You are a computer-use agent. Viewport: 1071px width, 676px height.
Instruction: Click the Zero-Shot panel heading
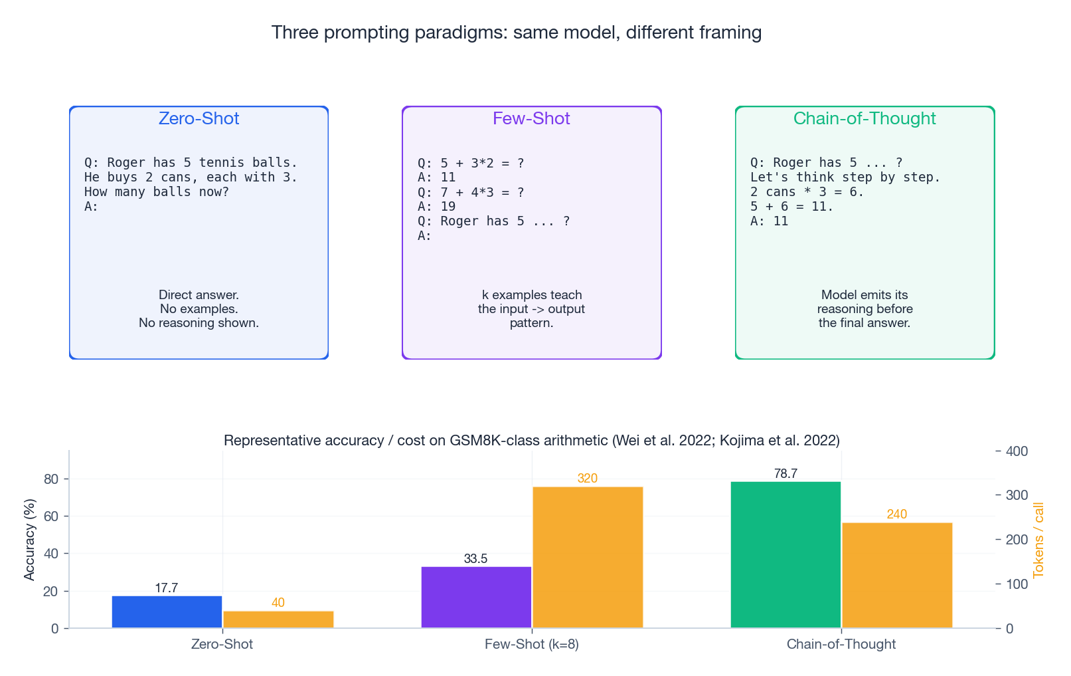(x=199, y=118)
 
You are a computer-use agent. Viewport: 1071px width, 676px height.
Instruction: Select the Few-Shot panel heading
(x=531, y=118)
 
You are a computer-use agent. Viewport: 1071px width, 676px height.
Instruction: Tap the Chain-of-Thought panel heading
(x=865, y=118)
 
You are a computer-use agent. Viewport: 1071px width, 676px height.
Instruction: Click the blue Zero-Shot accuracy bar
(x=167, y=612)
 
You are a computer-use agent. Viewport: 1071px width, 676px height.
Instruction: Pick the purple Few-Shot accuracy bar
(x=476, y=597)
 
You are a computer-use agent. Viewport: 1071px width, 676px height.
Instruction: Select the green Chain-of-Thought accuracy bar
(x=785, y=554)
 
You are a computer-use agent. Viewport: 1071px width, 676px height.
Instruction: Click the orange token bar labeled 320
(x=588, y=557)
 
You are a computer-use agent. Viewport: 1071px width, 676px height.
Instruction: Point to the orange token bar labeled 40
(x=278, y=619)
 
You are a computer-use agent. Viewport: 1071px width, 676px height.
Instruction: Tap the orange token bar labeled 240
(x=897, y=575)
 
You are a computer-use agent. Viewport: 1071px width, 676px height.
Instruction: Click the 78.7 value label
(x=785, y=473)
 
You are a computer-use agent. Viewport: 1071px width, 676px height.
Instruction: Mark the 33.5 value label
(x=475, y=558)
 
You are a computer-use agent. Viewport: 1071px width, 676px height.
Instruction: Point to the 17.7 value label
(x=166, y=588)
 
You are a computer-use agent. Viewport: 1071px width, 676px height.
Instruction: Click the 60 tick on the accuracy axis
(x=51, y=516)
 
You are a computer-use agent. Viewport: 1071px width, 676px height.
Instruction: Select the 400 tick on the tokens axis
(x=1017, y=451)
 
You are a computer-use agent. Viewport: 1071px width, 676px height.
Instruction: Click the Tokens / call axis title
(x=1038, y=540)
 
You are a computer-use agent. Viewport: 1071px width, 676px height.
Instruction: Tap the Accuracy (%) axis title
(x=29, y=540)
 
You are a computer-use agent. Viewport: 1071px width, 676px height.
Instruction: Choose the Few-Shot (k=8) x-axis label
(x=531, y=644)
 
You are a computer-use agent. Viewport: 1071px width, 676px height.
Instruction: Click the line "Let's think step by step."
(x=845, y=177)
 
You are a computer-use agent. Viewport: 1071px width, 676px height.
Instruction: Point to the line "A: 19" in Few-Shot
(x=436, y=207)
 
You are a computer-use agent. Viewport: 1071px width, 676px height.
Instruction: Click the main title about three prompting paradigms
(x=516, y=32)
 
